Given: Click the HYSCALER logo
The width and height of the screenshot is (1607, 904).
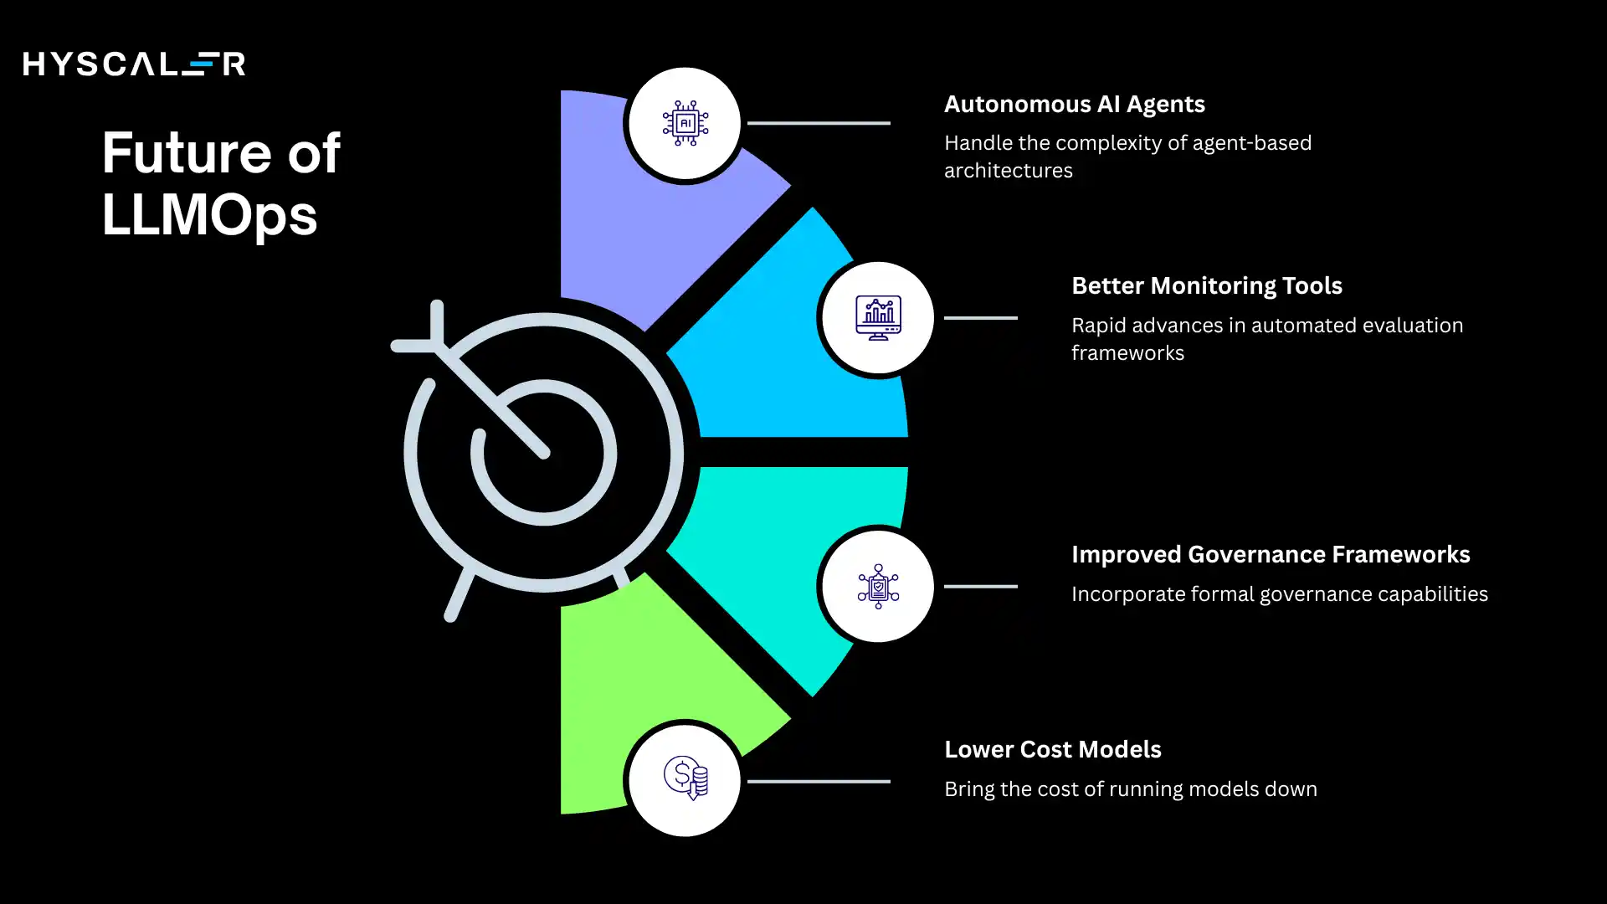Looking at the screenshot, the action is tap(134, 64).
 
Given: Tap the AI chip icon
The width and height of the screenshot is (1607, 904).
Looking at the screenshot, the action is tap(685, 123).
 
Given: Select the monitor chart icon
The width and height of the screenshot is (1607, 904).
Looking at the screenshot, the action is tap(878, 318).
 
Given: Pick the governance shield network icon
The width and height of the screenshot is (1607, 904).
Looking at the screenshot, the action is tap(878, 586).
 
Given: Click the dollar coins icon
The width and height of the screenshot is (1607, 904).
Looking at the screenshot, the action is tap(686, 778).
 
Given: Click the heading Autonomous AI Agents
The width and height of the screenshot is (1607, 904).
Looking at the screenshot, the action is tap(1075, 104).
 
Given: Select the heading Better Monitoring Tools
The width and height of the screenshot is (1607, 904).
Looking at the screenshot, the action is tap(1207, 285).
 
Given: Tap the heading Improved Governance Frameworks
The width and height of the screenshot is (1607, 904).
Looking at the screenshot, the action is tap(1271, 554).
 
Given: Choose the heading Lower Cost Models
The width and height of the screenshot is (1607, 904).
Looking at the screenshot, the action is tap(1053, 749).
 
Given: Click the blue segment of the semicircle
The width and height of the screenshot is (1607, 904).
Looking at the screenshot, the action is tap(803, 360).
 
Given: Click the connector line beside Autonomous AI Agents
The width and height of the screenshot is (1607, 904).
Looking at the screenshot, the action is tap(819, 123).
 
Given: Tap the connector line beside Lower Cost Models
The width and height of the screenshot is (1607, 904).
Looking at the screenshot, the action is tap(819, 782).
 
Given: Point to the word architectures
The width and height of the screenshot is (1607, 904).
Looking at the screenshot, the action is tap(1009, 171).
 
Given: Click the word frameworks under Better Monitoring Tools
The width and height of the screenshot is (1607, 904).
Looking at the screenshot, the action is tap(1127, 353).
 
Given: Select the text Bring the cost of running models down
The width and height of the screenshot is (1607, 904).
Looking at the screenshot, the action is tap(1131, 789).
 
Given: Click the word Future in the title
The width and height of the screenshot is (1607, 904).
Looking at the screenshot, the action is tap(186, 153).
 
